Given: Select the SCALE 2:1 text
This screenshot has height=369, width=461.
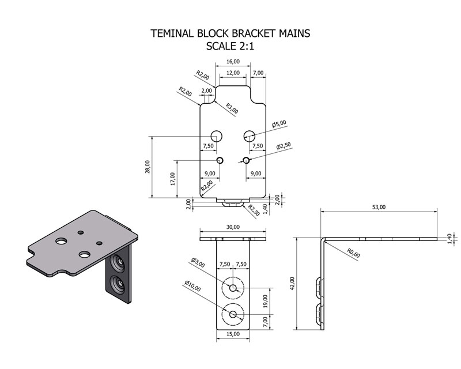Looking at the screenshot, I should coord(230,47).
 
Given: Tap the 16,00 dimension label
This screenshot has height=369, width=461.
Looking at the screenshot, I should coord(233,61).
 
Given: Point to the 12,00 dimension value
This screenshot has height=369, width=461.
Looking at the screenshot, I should coord(233,73).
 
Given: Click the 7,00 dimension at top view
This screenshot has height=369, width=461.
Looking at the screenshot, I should coord(258,73).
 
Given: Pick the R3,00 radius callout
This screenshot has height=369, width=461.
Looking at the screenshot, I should coord(232,108).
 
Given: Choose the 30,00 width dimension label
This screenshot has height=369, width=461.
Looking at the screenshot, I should coord(233,227).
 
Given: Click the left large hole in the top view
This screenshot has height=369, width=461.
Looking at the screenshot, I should coord(217,136).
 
